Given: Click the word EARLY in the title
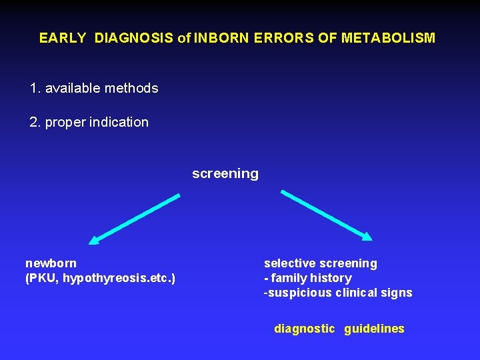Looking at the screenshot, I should pos(63,38).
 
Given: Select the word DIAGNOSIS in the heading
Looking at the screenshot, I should pos(135,38).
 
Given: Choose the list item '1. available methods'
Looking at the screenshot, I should pos(94,88).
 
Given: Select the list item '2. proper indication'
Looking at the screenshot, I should pos(89,122).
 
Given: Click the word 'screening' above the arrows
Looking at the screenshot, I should pos(225,173).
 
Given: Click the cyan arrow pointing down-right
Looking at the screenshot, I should pos(325,214).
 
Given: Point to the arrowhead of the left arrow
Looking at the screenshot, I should pos(95,241).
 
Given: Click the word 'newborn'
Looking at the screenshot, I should pos(51,263).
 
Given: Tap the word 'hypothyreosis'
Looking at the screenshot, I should pos(97,278).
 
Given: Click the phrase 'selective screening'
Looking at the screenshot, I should pos(321,263).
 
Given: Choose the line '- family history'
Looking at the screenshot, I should pos(308,278).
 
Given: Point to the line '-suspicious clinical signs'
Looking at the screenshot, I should pos(338,293).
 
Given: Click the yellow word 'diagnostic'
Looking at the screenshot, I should pos(304,329).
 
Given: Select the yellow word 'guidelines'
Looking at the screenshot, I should pos(374,329).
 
